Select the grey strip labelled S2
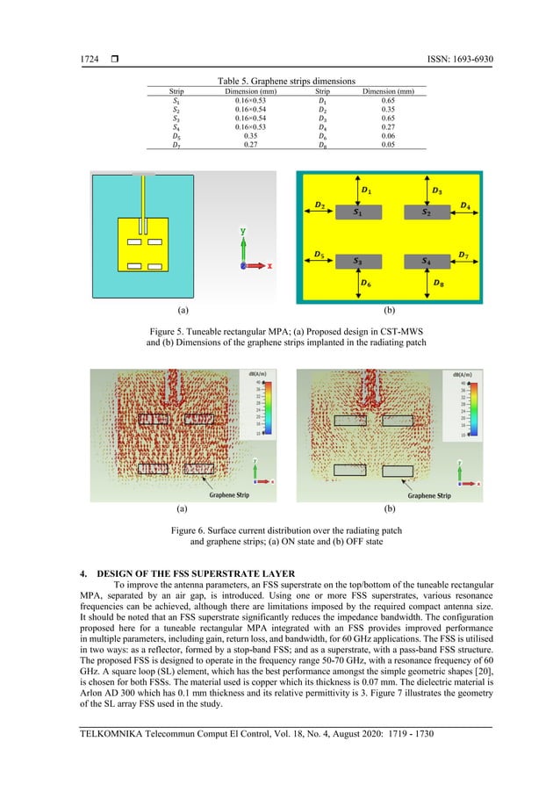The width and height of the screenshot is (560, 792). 426,212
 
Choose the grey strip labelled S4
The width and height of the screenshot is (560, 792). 426,262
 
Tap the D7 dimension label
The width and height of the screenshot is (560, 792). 463,256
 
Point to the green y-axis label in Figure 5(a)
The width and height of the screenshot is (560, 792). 242,231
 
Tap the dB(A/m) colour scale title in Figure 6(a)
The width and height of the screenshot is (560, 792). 256,375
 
